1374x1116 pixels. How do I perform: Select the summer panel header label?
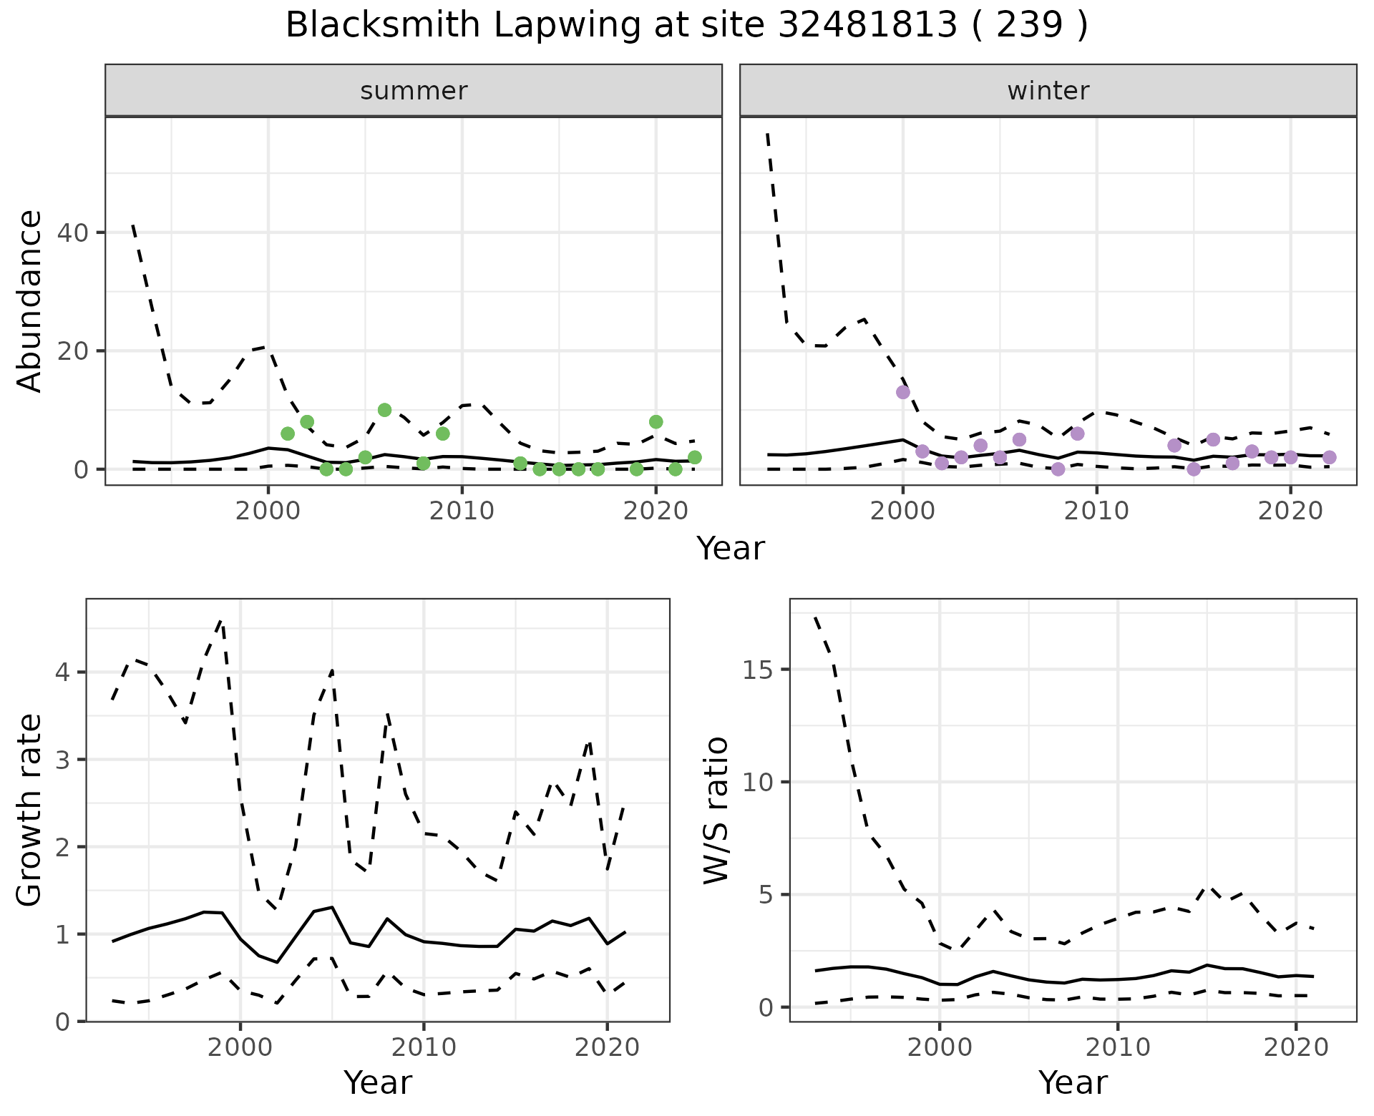(414, 91)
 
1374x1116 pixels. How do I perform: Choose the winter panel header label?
(1048, 91)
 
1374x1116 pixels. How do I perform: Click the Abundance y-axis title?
(30, 301)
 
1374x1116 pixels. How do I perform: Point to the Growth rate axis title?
(30, 810)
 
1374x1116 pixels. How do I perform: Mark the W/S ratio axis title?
(716, 810)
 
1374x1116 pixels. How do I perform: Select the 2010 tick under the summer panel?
(462, 511)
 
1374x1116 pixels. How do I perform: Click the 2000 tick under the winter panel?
(902, 511)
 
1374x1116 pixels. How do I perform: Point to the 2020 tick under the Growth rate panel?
(607, 1048)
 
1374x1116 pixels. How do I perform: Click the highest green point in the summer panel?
(384, 410)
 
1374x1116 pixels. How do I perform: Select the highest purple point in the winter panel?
(903, 392)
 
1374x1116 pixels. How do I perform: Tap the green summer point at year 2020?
(656, 421)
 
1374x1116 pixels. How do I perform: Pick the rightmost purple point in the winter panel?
(1329, 457)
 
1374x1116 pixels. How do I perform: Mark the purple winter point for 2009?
(1077, 434)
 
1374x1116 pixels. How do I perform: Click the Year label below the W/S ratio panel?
(1073, 1083)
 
